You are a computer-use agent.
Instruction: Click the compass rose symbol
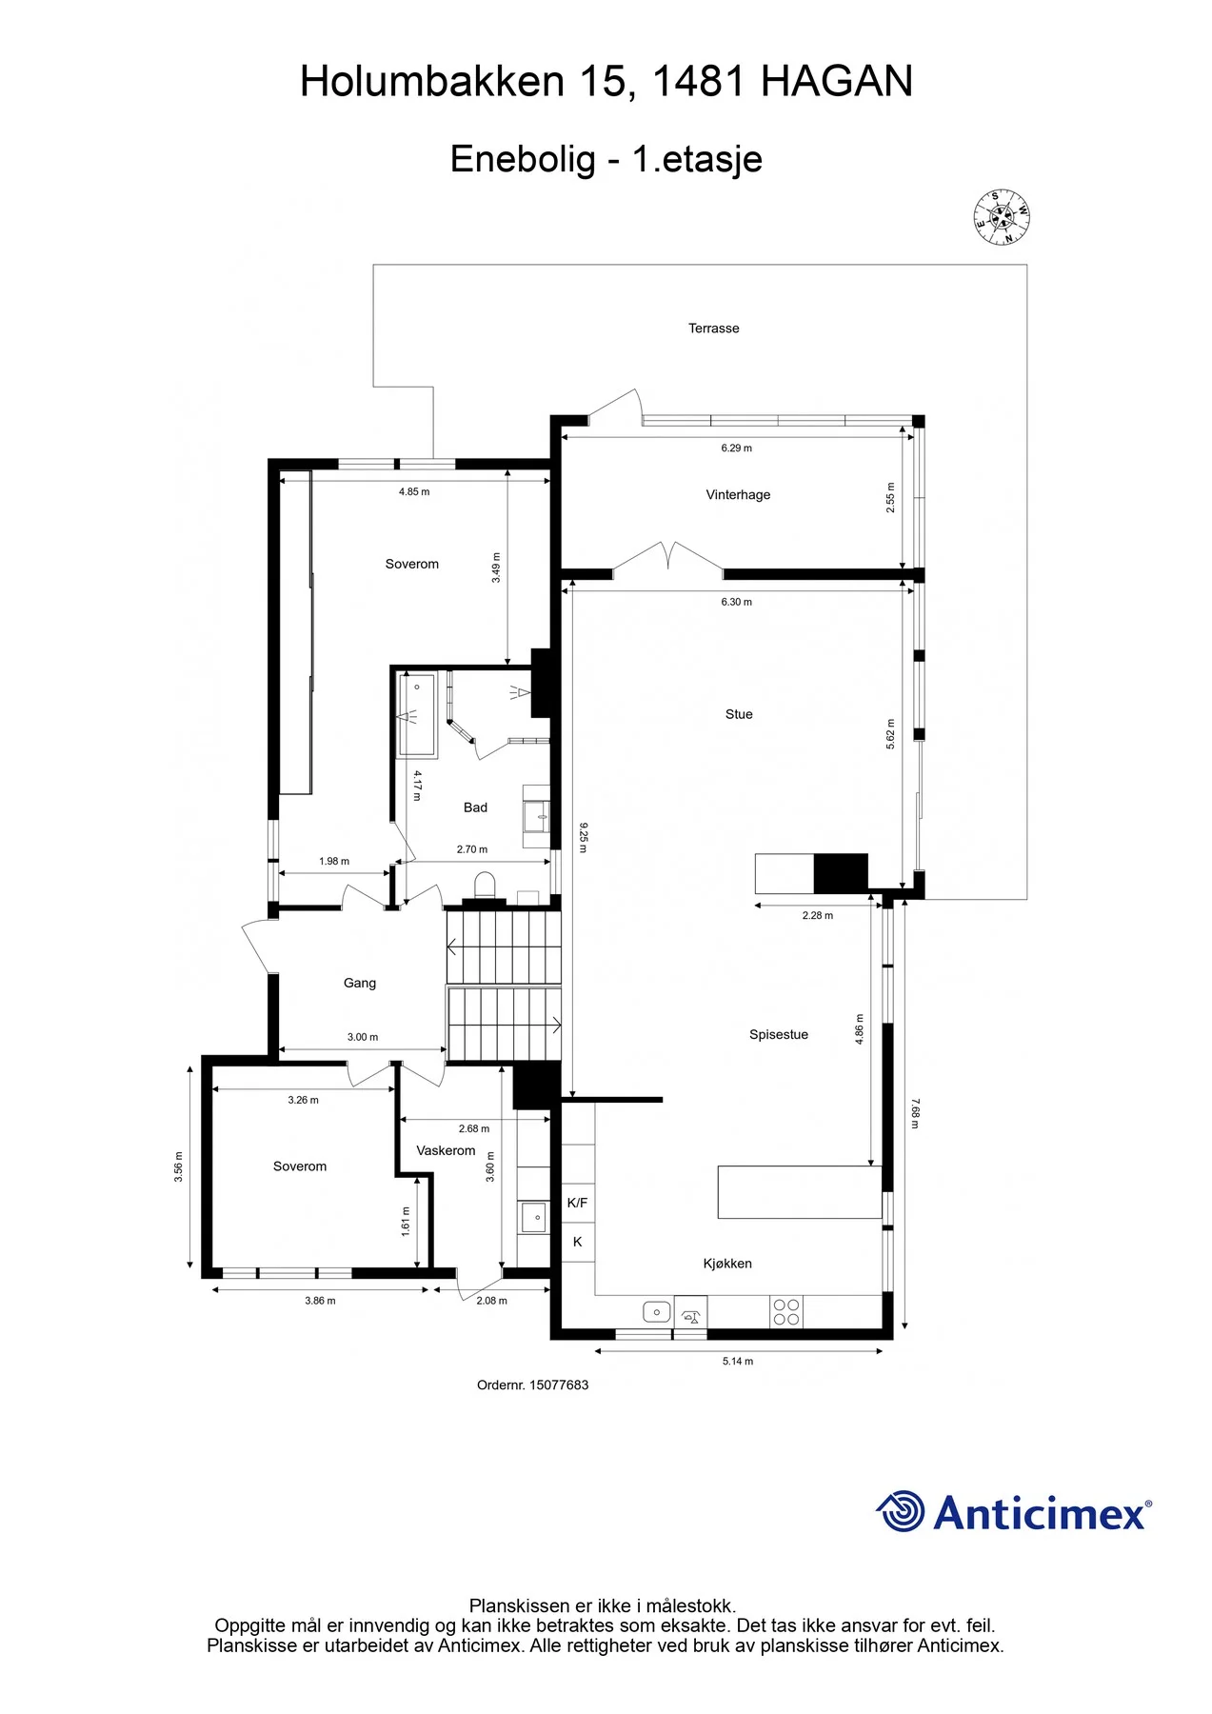[1002, 217]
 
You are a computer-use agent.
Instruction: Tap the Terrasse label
[714, 329]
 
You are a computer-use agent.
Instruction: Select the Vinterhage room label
[738, 494]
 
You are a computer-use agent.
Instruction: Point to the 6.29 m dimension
[736, 448]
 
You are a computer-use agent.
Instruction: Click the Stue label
[739, 714]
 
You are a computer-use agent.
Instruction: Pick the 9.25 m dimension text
[583, 837]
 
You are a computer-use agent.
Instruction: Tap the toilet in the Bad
[485, 885]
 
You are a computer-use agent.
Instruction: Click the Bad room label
[475, 807]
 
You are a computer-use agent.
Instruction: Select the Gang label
[360, 984]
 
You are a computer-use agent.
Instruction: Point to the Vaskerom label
[446, 1150]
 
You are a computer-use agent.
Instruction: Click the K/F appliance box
[577, 1203]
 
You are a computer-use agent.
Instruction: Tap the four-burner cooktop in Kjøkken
[785, 1311]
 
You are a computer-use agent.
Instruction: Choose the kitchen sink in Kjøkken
[657, 1312]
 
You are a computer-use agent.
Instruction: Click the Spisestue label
[779, 1035]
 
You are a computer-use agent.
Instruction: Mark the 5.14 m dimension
[737, 1362]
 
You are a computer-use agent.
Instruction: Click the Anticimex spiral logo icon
[901, 1511]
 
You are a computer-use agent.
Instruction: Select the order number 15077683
[559, 1385]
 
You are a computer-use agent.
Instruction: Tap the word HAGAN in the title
[837, 82]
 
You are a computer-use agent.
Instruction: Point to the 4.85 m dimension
[414, 492]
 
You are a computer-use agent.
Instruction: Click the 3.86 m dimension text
[320, 1301]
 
